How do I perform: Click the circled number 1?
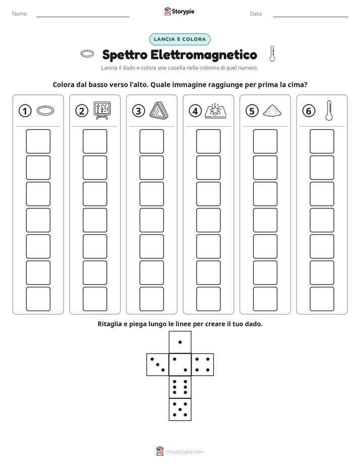[25, 111]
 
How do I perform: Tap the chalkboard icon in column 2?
[102, 110]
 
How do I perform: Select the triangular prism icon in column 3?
[159, 110]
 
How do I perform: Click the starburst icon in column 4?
[216, 111]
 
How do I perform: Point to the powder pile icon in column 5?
[272, 110]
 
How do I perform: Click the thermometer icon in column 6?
[329, 110]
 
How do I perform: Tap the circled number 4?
[195, 111]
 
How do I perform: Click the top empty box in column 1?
[38, 141]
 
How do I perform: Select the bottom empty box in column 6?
[322, 299]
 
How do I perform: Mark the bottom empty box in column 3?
[151, 299]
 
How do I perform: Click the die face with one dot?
[180, 342]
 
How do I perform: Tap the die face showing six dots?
[180, 387]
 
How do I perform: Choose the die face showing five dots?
[180, 410]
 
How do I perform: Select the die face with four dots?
[203, 364]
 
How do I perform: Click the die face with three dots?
[157, 364]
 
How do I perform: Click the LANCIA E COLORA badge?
[179, 39]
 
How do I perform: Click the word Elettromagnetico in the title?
[204, 54]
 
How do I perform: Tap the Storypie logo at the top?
[179, 11]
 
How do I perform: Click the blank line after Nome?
[83, 17]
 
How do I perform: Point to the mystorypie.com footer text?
[185, 452]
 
